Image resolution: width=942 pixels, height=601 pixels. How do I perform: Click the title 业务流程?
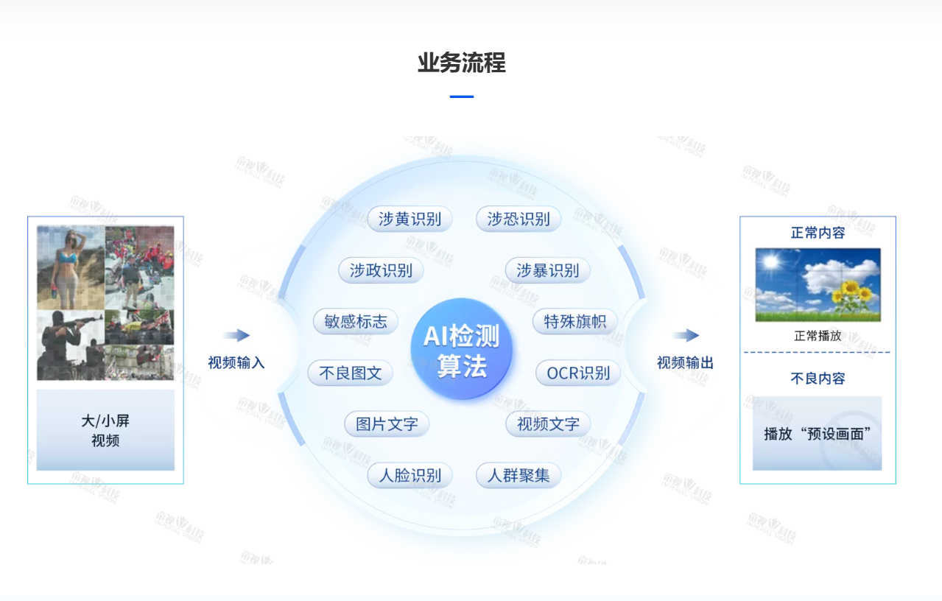(461, 63)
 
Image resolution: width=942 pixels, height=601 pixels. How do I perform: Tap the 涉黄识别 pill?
(410, 219)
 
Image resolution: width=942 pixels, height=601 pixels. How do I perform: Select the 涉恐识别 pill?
(518, 219)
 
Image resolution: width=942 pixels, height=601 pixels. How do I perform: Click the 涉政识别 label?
(381, 270)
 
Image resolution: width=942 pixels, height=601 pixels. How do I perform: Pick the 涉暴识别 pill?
(547, 270)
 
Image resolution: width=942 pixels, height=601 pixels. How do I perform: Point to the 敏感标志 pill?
(355, 321)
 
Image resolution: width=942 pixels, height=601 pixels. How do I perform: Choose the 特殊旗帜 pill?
(575, 321)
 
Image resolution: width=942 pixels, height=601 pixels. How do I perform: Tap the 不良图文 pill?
(350, 373)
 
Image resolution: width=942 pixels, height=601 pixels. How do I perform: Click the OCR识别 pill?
(578, 373)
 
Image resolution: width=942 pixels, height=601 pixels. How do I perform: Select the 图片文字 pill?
(387, 424)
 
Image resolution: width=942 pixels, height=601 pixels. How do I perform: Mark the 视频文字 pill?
(548, 424)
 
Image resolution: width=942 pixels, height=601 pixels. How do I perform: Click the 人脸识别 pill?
(410, 475)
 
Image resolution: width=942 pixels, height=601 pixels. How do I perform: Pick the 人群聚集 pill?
(518, 475)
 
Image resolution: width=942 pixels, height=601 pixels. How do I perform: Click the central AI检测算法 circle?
(461, 349)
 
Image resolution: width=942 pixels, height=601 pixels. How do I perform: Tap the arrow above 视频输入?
(236, 335)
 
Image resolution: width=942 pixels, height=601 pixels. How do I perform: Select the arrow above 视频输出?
(686, 335)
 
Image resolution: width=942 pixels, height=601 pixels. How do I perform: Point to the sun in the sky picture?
(771, 261)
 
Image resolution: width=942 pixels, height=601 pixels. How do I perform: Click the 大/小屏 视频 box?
(105, 430)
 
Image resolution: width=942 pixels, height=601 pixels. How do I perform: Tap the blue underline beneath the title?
(461, 96)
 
